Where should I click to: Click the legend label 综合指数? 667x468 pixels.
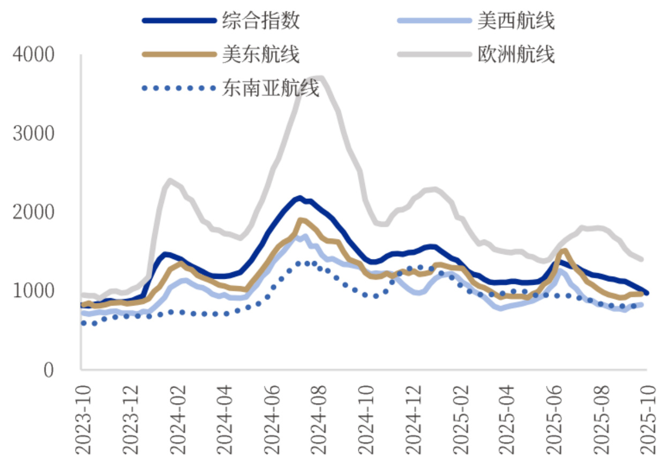[261, 21]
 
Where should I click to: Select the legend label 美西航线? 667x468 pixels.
[516, 21]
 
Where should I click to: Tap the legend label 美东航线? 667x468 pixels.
[261, 54]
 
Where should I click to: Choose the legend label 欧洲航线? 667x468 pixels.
[516, 54]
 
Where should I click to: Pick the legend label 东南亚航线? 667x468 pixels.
[271, 87]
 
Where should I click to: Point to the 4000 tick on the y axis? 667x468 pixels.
[33, 55]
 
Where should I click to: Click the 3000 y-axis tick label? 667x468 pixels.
[33, 133]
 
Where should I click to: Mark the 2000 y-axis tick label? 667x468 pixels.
[33, 212]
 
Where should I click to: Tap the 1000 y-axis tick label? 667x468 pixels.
[33, 291]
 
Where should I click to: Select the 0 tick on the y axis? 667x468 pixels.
[48, 370]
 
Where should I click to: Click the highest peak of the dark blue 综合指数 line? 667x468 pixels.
[299, 198]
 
